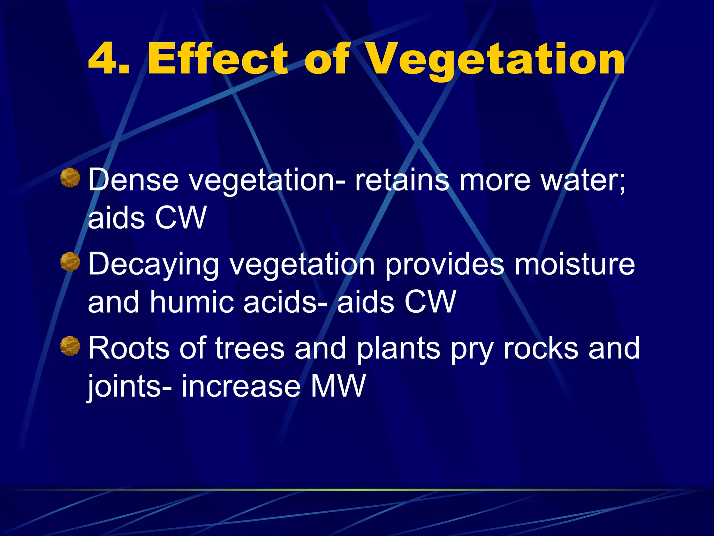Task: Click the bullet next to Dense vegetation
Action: tap(70, 178)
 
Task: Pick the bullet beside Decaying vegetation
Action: tap(70, 262)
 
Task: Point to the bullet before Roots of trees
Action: tap(70, 346)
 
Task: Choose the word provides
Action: tap(444, 264)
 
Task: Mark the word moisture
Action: tap(575, 264)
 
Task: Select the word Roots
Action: tap(129, 348)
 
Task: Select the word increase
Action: tap(241, 386)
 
